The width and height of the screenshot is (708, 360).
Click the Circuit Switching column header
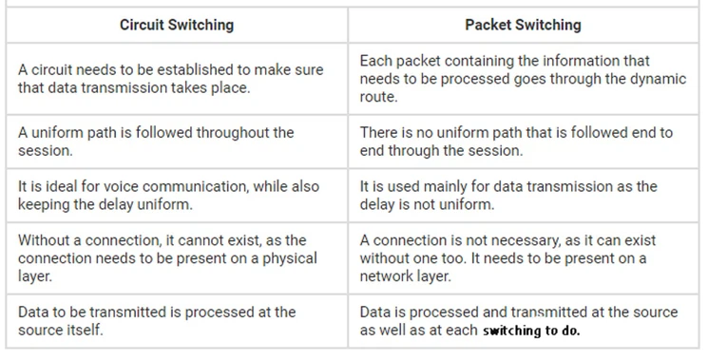coord(176,25)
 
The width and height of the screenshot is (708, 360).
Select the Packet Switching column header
coord(523,25)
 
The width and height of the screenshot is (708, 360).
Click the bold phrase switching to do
coord(531,332)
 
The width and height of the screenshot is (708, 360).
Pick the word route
coord(378,97)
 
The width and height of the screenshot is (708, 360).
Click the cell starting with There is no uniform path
coord(523,142)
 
